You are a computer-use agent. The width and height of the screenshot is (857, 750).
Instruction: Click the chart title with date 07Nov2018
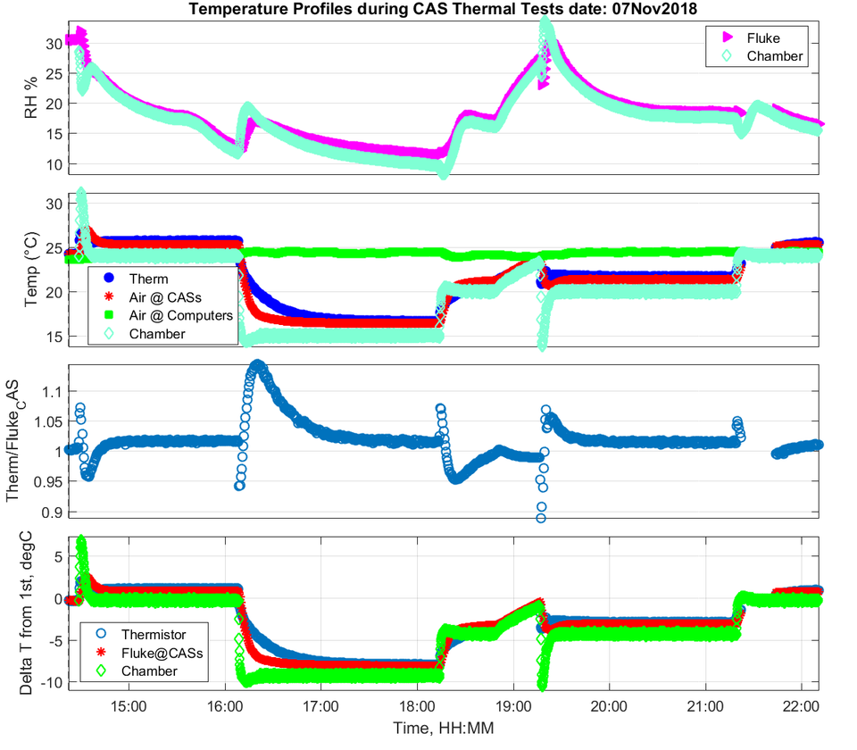coord(442,10)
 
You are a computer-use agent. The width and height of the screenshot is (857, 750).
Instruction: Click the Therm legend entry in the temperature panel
coord(148,279)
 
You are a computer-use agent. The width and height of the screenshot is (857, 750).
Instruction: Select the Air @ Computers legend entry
coord(179,315)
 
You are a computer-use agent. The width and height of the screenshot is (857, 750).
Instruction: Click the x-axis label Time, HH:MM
coord(444,729)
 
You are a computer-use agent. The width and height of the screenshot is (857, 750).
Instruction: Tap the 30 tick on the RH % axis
coord(53,42)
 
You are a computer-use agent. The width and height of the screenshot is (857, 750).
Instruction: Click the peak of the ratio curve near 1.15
coord(258,365)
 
